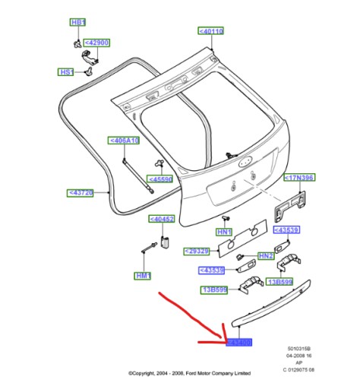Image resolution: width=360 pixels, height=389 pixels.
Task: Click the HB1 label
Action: (x=78, y=23)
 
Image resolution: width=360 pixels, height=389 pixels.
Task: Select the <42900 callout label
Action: (x=96, y=43)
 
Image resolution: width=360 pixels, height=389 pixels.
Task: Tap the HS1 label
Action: (x=66, y=72)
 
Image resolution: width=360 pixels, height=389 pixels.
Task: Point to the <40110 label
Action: (x=211, y=31)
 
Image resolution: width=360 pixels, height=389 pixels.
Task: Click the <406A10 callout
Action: (x=124, y=141)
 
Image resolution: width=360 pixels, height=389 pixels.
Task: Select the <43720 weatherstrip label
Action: (x=81, y=193)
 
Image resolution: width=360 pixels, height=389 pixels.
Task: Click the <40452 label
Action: (x=162, y=220)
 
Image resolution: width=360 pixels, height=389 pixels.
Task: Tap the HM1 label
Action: (x=142, y=275)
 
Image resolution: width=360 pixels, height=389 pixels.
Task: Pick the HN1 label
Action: (x=223, y=231)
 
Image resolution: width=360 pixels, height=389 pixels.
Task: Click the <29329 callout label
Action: (x=197, y=250)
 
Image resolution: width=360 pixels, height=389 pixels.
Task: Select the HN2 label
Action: (x=265, y=256)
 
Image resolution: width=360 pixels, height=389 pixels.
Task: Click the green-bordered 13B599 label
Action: (x=215, y=289)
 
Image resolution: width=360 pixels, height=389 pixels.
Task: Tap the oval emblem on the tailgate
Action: (x=245, y=161)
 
